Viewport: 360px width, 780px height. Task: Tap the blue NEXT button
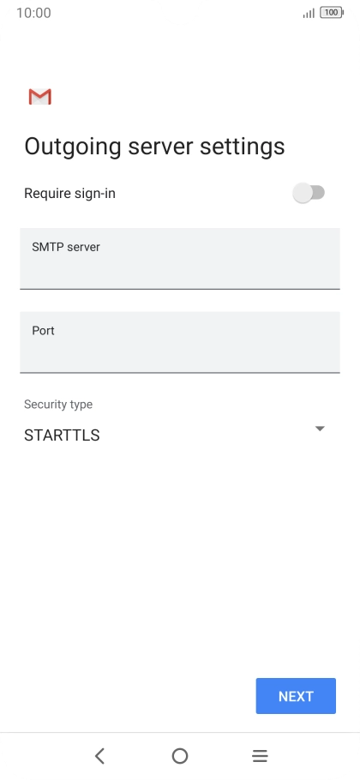(296, 695)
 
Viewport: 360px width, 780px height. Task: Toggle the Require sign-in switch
(309, 193)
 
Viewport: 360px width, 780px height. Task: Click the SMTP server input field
(180, 259)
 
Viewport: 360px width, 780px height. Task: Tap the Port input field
(180, 342)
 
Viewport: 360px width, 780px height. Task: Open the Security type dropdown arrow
(320, 429)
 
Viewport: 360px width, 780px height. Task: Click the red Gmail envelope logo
(40, 97)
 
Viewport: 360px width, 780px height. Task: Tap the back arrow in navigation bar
(99, 756)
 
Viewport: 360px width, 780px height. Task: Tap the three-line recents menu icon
(260, 756)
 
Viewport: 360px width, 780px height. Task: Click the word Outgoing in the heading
(73, 147)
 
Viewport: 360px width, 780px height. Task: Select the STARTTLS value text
(62, 435)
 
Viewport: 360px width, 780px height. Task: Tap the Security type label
(58, 405)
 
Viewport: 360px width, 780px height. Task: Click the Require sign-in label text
(69, 194)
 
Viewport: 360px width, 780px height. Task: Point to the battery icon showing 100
(332, 13)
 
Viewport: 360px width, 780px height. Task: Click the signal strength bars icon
(309, 14)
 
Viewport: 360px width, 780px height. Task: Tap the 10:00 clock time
(33, 13)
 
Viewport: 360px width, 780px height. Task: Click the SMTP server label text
(66, 247)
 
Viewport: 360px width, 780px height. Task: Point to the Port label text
(43, 331)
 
